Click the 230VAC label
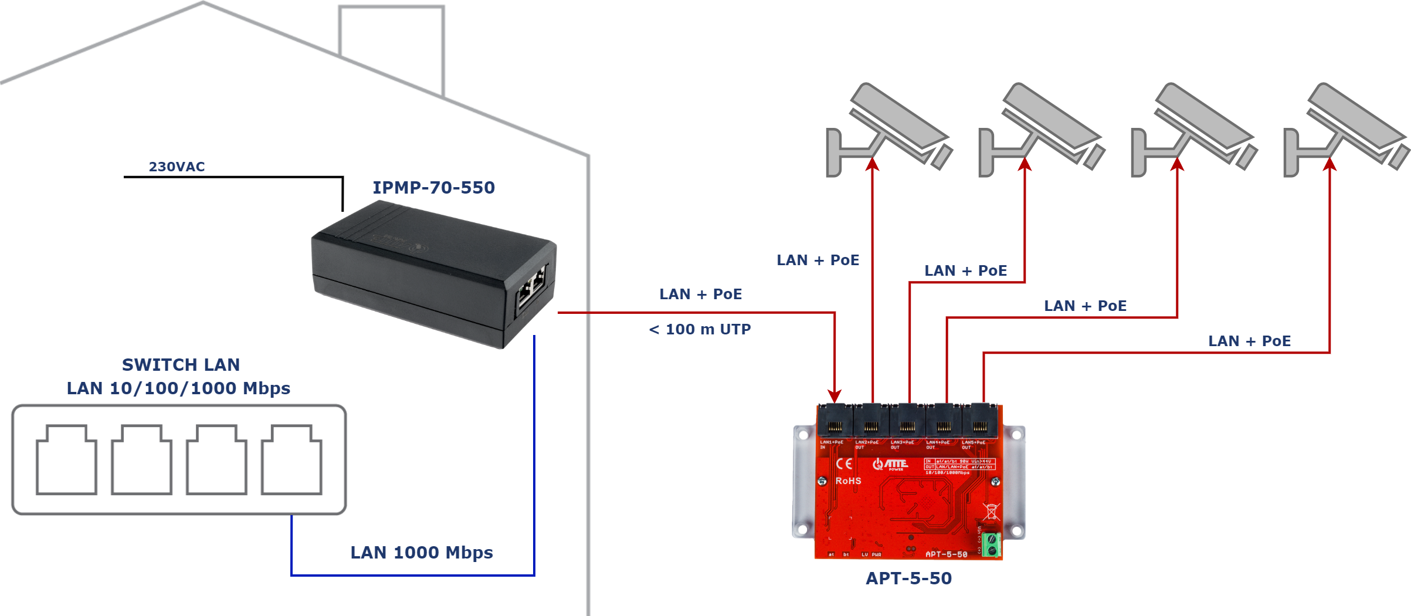point(177,167)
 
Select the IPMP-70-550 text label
point(433,188)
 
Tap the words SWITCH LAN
point(181,365)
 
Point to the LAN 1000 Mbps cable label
point(421,553)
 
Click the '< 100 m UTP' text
point(700,330)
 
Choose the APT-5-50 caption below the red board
point(908,578)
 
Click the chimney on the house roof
point(391,47)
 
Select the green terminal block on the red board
point(991,545)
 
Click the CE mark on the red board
point(844,464)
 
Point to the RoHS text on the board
point(848,481)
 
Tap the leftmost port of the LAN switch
point(66,460)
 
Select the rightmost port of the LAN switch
point(291,460)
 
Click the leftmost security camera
point(888,129)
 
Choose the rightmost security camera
point(1346,129)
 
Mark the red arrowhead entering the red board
point(835,396)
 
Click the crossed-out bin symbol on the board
point(991,511)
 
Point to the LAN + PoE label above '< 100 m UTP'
point(700,295)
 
